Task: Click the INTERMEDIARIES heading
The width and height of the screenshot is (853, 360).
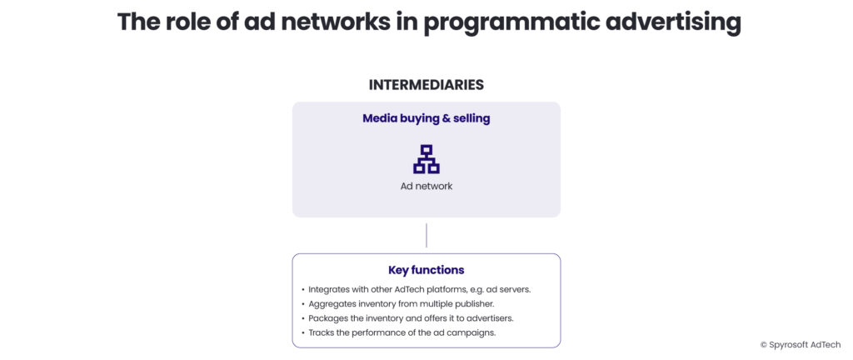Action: pyautogui.click(x=426, y=85)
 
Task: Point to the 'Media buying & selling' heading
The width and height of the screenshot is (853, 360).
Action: pyautogui.click(x=426, y=118)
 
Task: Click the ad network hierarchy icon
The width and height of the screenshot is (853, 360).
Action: pyautogui.click(x=426, y=159)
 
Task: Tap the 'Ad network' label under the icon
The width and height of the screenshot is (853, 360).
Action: pyautogui.click(x=426, y=186)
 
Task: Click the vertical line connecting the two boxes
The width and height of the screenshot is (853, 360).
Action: pyautogui.click(x=426, y=235)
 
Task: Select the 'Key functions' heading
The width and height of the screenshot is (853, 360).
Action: pyautogui.click(x=426, y=270)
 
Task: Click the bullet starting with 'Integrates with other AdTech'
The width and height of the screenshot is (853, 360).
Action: pyautogui.click(x=419, y=289)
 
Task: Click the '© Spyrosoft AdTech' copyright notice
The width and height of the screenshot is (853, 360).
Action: pyautogui.click(x=800, y=344)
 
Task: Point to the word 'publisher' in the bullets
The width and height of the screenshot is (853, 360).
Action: pyautogui.click(x=473, y=304)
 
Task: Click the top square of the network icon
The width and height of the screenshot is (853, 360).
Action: pyautogui.click(x=426, y=151)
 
